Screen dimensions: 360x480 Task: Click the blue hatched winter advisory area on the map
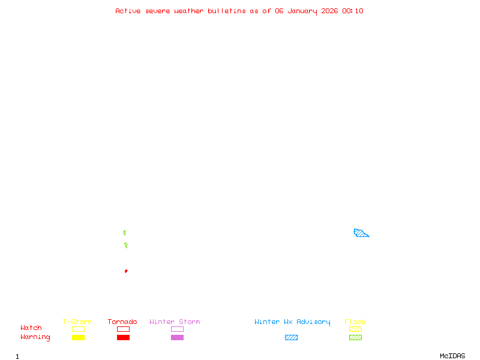pos(361,233)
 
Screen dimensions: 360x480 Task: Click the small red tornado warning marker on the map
pos(126,271)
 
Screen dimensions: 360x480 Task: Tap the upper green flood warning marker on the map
pos(124,233)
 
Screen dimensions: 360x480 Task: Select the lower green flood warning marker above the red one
pos(126,245)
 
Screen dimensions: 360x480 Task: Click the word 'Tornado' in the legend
pos(122,322)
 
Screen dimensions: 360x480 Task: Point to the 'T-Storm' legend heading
pos(77,322)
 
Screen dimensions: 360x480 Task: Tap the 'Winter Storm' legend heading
pos(175,322)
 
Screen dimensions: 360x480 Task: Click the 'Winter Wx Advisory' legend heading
pos(292,322)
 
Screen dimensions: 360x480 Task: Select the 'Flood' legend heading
pos(355,322)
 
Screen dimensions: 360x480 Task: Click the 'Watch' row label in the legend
pos(31,328)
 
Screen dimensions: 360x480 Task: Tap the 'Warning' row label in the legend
pos(35,337)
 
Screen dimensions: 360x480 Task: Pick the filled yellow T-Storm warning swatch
pos(78,338)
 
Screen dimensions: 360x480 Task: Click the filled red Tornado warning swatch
pos(123,338)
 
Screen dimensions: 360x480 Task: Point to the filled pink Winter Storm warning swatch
pos(177,338)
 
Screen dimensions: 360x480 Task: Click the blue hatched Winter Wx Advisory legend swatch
pos(291,338)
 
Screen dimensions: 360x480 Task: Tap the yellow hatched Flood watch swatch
pos(355,329)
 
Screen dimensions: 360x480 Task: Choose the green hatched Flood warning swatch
pos(355,338)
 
